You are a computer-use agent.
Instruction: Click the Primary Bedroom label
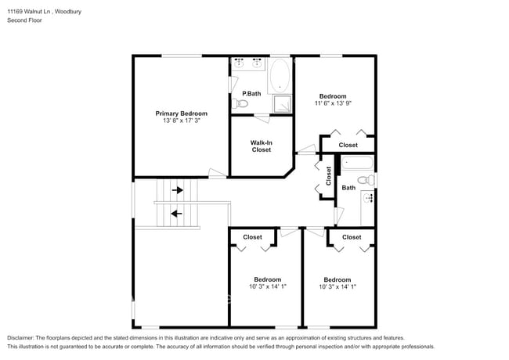coord(181,113)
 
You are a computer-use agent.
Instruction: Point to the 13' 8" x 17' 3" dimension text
coord(181,121)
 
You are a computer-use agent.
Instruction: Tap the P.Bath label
coord(251,94)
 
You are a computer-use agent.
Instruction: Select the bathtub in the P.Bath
coord(280,77)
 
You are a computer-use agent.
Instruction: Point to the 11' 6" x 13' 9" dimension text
coord(333,103)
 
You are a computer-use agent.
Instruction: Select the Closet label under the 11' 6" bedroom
coord(348,145)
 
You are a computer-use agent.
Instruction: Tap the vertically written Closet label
coord(329,175)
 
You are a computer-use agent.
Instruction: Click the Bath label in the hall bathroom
coord(348,188)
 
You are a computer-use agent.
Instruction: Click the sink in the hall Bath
coord(370,199)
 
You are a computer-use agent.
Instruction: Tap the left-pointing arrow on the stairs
coord(176,212)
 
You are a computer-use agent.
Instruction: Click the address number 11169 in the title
coord(17,11)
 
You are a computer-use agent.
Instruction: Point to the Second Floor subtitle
coord(24,20)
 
